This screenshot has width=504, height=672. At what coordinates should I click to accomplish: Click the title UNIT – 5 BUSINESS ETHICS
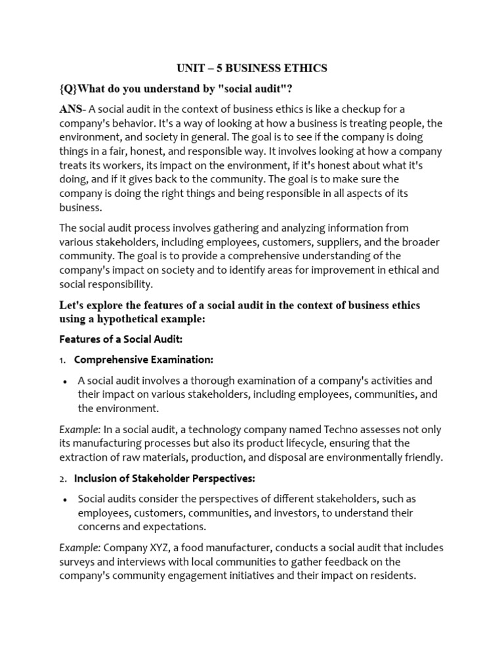tap(252, 68)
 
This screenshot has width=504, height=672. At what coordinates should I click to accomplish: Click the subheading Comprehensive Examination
tap(144, 360)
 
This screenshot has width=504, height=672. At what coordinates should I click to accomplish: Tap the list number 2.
tap(62, 478)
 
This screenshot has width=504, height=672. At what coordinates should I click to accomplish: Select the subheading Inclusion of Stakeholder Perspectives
tap(164, 478)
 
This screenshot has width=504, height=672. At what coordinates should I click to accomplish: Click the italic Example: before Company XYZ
tap(79, 547)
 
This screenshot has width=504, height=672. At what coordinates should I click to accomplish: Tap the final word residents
tap(393, 576)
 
